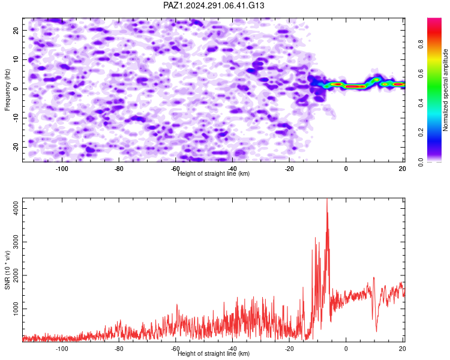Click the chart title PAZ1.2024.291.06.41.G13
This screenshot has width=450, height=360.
(214, 5)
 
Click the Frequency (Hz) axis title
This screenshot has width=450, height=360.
(7, 90)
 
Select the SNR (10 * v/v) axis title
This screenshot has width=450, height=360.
(7, 270)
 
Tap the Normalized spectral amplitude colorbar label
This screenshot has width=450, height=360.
(445, 90)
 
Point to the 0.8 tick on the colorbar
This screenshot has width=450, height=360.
(421, 44)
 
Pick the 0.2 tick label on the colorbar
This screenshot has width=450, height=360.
(421, 133)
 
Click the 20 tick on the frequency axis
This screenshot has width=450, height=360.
(16, 31)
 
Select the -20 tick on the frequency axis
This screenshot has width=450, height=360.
(16, 147)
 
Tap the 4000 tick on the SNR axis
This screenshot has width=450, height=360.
(16, 208)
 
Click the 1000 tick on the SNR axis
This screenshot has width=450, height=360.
(16, 308)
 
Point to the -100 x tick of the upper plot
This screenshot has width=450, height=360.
(62, 169)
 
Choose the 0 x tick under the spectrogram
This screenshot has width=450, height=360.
(346, 169)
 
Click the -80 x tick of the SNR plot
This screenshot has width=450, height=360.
(119, 349)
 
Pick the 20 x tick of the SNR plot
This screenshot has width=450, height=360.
(403, 349)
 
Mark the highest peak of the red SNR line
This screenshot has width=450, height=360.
(327, 199)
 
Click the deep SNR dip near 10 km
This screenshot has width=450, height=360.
(376, 331)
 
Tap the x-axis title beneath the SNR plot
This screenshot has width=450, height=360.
(214, 353)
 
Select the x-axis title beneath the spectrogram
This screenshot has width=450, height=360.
(214, 173)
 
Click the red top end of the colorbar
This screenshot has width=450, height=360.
(434, 20)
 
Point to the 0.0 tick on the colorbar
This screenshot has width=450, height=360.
(421, 162)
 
